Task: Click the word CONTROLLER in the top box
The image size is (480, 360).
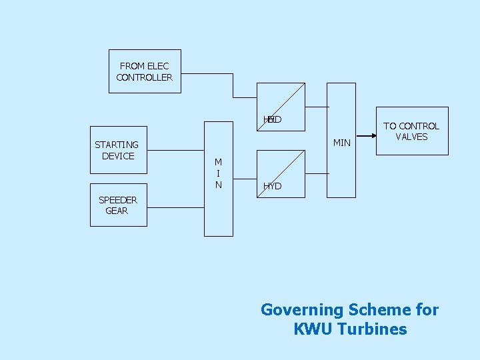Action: pyautogui.click(x=144, y=77)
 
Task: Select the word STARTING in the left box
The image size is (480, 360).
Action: pyautogui.click(x=117, y=145)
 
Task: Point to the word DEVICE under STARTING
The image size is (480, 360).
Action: pyautogui.click(x=118, y=156)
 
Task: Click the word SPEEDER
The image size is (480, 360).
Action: pyautogui.click(x=117, y=200)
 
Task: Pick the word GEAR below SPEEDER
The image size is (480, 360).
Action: pyautogui.click(x=117, y=211)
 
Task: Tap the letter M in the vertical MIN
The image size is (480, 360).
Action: pyautogui.click(x=218, y=162)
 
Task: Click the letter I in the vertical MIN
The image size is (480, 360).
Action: pyautogui.click(x=218, y=173)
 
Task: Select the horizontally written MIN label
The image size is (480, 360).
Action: pyautogui.click(x=341, y=143)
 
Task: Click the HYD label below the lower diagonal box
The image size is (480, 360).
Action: pyautogui.click(x=272, y=187)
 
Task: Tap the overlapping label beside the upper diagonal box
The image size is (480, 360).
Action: pyautogui.click(x=272, y=119)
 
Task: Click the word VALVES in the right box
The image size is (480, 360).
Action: pyautogui.click(x=411, y=137)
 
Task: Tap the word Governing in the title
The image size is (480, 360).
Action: pyautogui.click(x=301, y=310)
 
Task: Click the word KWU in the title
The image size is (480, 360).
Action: pyautogui.click(x=313, y=329)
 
